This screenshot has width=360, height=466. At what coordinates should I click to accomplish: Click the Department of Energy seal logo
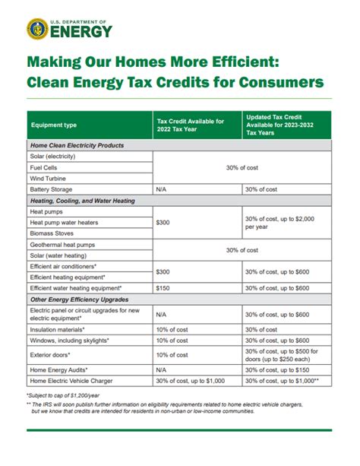(37, 29)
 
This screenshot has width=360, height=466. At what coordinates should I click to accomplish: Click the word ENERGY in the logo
(82, 32)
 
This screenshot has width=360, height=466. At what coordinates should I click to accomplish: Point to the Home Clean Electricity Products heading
(77, 144)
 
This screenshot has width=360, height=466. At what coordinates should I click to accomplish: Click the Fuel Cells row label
(48, 167)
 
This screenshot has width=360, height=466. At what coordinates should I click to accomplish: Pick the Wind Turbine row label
(50, 178)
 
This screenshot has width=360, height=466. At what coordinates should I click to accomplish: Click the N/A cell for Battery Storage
(162, 189)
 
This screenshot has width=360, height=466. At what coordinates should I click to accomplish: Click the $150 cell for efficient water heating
(163, 289)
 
